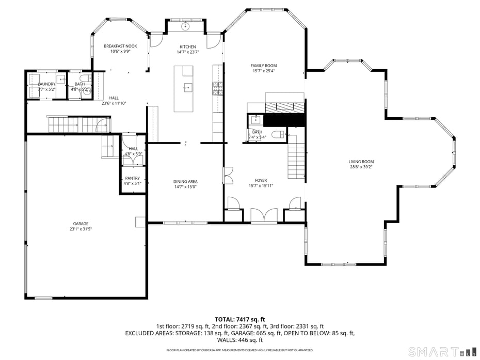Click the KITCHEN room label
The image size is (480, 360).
pos(187,47)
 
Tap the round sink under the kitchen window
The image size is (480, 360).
pos(186,25)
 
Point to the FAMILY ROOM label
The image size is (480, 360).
pos(263,66)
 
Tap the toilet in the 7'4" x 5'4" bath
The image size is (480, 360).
pos(277,134)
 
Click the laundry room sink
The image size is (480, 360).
pos(61,80)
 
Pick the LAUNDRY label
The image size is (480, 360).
pos(46,84)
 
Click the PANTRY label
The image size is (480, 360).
pos(132,178)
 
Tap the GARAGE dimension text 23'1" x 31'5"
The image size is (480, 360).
pos(81,229)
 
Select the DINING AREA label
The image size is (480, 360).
pos(185,181)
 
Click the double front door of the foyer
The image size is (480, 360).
pos(264,216)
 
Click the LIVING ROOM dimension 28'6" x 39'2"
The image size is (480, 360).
pos(361,167)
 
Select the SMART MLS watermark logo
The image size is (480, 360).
pos(440,352)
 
